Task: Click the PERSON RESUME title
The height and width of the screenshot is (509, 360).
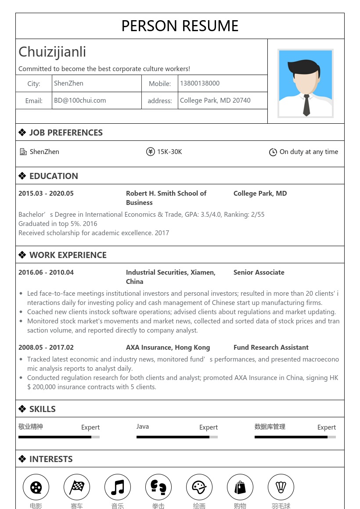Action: pyautogui.click(x=180, y=26)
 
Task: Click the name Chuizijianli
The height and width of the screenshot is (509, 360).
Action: pyautogui.click(x=52, y=52)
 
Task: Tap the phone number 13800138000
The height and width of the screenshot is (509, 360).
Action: pyautogui.click(x=199, y=83)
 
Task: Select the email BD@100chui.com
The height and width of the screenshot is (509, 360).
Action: pyautogui.click(x=80, y=100)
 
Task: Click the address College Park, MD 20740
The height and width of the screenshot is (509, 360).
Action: pyautogui.click(x=215, y=100)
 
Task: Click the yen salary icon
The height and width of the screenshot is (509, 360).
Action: pyautogui.click(x=151, y=152)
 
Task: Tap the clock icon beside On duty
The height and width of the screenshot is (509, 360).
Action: pyautogui.click(x=273, y=152)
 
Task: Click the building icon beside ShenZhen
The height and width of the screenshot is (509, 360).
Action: pyautogui.click(x=23, y=152)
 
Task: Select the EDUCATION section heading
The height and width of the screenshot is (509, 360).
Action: pyautogui.click(x=54, y=176)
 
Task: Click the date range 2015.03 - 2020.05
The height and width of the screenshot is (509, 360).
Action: pyautogui.click(x=46, y=194)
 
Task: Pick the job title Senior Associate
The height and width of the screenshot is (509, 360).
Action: pyautogui.click(x=259, y=272)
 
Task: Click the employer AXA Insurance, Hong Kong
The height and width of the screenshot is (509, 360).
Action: pyautogui.click(x=168, y=348)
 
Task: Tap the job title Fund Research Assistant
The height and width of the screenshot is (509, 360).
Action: pyautogui.click(x=271, y=348)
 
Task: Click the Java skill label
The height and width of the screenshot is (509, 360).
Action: pyautogui.click(x=143, y=427)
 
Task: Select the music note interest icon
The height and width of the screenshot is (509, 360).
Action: pyautogui.click(x=118, y=487)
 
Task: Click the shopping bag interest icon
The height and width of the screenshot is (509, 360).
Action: pyautogui.click(x=240, y=487)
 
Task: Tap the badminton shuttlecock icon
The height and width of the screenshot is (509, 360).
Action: pyautogui.click(x=281, y=487)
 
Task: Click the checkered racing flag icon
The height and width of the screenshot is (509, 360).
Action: pyautogui.click(x=77, y=487)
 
